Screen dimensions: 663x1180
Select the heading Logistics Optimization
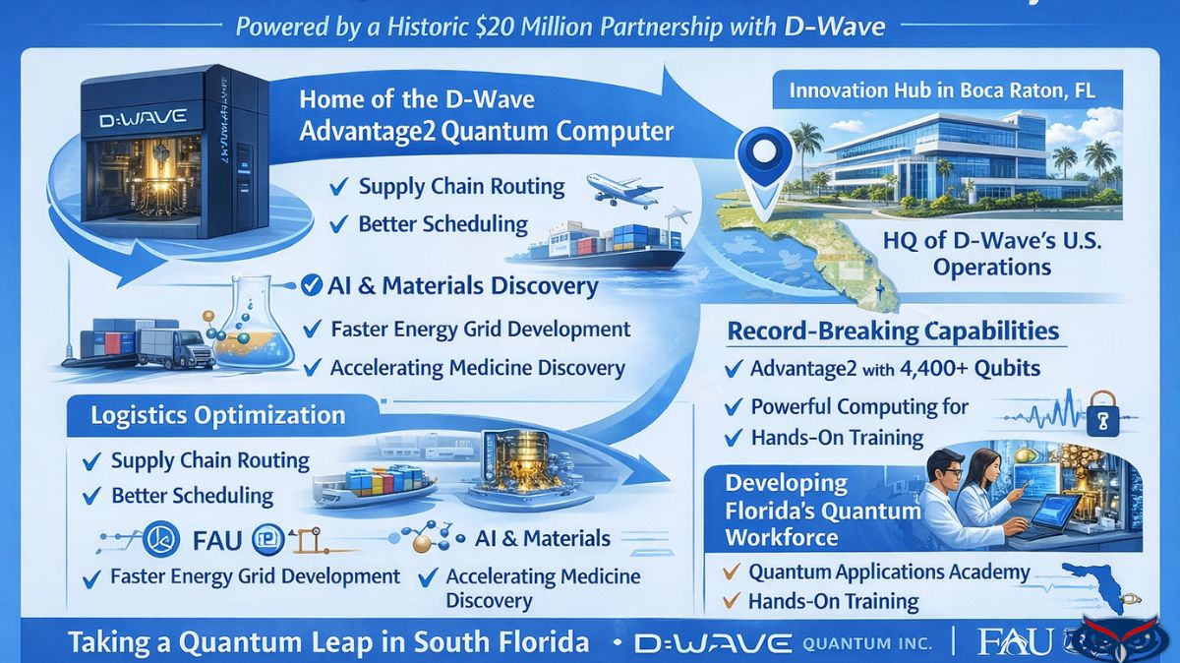pyautogui.click(x=217, y=415)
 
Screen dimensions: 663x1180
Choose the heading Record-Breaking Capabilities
pyautogui.click(x=893, y=331)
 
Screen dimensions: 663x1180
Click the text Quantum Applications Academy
pyautogui.click(x=889, y=572)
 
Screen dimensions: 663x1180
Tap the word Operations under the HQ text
pyautogui.click(x=992, y=267)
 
